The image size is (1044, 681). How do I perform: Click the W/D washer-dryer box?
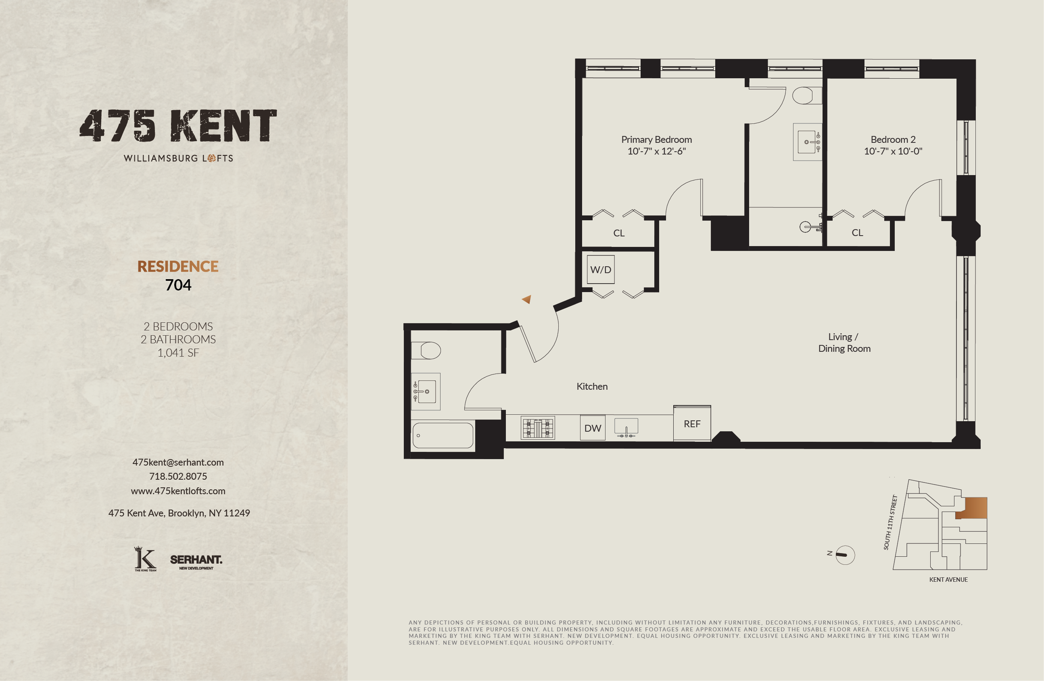[601, 269]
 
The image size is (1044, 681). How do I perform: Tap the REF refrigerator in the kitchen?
[692, 424]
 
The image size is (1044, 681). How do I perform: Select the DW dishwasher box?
[593, 428]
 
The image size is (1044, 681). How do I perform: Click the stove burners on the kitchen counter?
[538, 428]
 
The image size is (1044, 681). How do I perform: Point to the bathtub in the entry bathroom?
[443, 435]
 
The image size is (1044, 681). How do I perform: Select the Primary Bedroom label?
[656, 140]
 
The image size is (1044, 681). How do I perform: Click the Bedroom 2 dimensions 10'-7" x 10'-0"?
[893, 151]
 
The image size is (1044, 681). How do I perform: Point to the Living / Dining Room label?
[844, 343]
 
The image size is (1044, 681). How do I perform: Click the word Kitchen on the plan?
[592, 386]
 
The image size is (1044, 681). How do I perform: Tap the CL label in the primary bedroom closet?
[618, 233]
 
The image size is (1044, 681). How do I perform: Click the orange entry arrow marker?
[527, 299]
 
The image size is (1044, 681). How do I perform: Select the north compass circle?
[845, 555]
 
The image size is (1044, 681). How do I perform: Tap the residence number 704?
[178, 285]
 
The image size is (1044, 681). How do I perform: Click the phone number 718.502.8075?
[177, 476]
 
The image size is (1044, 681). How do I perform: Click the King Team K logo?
[145, 559]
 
